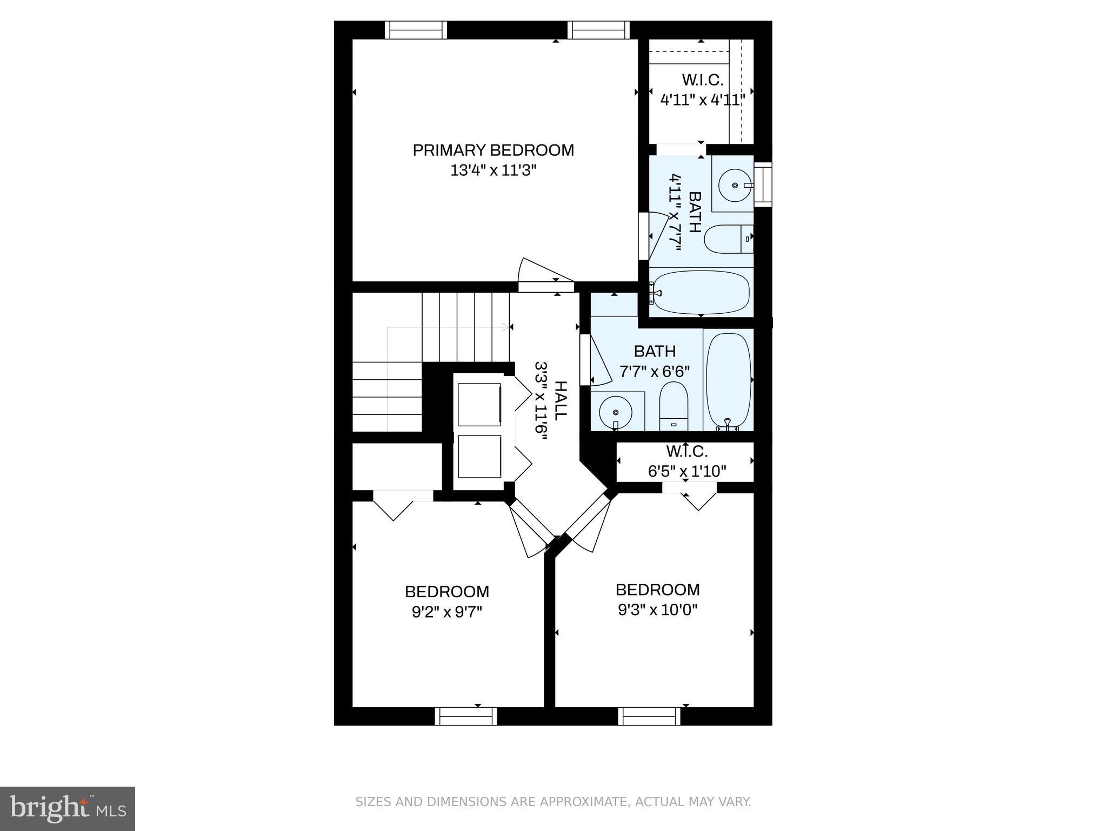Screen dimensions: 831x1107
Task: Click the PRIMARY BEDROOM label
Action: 493,150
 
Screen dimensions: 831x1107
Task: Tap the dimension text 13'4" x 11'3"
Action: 493,171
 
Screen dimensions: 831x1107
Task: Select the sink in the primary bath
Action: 735,185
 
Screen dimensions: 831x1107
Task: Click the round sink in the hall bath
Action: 616,412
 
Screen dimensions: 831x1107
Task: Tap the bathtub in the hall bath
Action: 729,380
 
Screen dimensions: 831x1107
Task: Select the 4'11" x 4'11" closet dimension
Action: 703,100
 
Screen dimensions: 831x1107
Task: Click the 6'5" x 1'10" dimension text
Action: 686,471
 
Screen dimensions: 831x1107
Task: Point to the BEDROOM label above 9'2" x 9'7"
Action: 447,591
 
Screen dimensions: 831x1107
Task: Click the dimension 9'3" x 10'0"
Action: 657,610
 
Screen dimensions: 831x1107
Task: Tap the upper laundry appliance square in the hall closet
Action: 479,404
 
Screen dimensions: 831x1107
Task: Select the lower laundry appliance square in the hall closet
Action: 479,457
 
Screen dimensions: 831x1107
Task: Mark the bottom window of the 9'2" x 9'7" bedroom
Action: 465,716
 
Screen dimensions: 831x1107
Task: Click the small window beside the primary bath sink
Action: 763,184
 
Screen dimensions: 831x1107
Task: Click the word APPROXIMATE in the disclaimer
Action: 577,802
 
